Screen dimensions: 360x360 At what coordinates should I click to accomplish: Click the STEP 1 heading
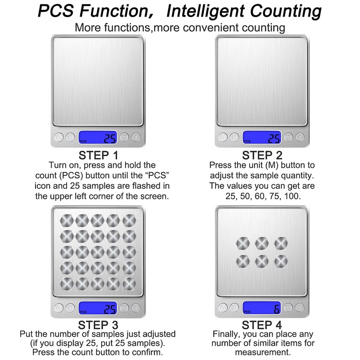[x=98, y=155]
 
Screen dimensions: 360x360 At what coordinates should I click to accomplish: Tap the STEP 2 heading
[x=262, y=155]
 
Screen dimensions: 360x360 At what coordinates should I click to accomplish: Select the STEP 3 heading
[x=98, y=325]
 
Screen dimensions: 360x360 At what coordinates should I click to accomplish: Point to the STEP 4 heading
[x=262, y=325]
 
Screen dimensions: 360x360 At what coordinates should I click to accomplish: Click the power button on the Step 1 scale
[x=59, y=137]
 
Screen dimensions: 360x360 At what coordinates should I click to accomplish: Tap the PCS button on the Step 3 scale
[x=125, y=308]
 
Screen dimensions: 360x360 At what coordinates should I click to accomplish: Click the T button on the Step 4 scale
[x=300, y=307]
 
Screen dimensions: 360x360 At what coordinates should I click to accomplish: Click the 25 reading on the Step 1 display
[x=110, y=139]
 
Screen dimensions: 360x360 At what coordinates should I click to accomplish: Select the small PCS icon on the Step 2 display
[x=247, y=141]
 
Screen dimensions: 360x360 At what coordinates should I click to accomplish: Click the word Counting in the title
[x=286, y=11]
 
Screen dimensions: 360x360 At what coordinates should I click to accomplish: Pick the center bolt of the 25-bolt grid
[x=98, y=252]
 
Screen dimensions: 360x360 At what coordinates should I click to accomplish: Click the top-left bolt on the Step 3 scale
[x=67, y=220]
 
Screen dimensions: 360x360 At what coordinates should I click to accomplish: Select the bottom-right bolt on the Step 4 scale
[x=281, y=261]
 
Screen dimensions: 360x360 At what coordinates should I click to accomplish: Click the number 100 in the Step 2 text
[x=292, y=196]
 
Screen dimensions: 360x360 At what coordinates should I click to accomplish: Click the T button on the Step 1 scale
[x=136, y=137]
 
